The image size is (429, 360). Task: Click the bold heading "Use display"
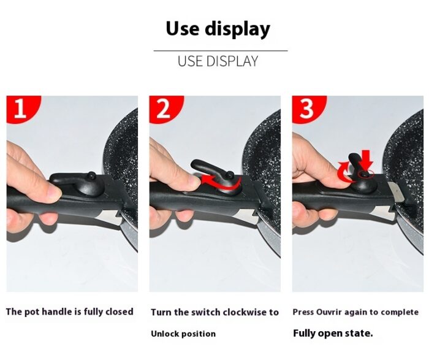coord(218,29)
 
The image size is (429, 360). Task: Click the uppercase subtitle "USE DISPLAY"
coord(218,61)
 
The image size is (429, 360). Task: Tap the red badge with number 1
coord(23,109)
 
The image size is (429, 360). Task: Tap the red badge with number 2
coord(165,109)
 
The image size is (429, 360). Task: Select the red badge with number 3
coord(308,109)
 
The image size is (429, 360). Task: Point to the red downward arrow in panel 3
coord(366,160)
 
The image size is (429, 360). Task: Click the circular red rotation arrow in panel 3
coord(345,172)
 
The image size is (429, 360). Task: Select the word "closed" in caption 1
coord(120,312)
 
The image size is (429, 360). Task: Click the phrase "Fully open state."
coord(333,334)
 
